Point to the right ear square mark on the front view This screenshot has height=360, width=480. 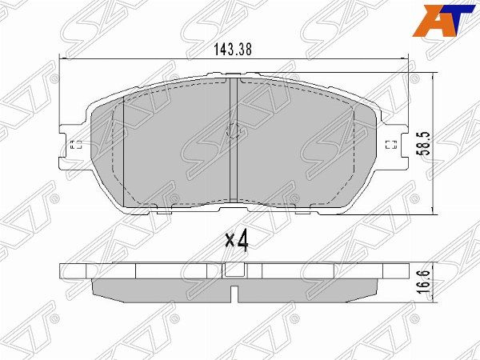(x=390, y=145)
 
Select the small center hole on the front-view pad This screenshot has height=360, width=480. (x=234, y=133)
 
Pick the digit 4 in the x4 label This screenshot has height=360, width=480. (x=242, y=240)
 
